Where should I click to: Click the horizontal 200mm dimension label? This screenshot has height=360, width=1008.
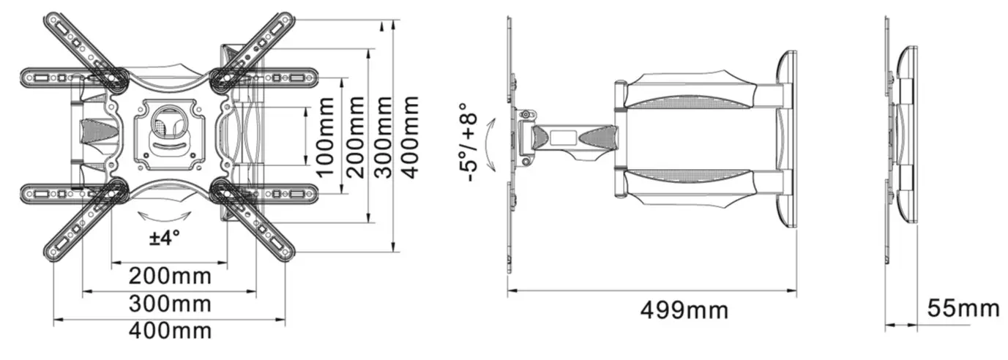[170, 277]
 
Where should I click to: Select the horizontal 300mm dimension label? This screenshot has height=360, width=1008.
[170, 304]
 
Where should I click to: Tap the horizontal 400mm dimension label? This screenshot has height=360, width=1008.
[170, 331]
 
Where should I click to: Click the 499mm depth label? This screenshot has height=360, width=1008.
[684, 310]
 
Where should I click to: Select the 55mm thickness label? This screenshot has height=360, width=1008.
[963, 308]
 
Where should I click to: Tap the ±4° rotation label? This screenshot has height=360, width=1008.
[165, 239]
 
